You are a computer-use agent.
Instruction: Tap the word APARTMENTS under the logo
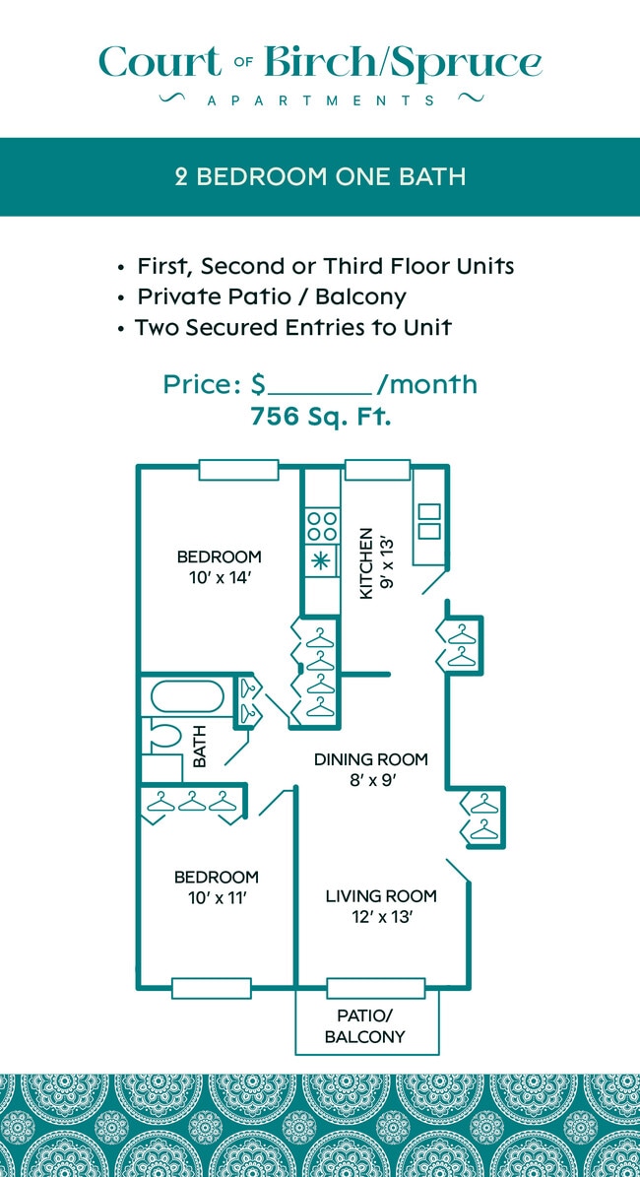pyautogui.click(x=320, y=100)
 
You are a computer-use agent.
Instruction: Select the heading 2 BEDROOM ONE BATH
pyautogui.click(x=320, y=177)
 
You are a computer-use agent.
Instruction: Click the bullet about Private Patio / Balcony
pyautogui.click(x=271, y=296)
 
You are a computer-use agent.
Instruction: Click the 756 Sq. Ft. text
pyautogui.click(x=320, y=416)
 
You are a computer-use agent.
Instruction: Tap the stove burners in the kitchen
pyautogui.click(x=321, y=523)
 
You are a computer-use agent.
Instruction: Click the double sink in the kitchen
pyautogui.click(x=429, y=521)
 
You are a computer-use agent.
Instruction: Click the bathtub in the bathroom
pyautogui.click(x=188, y=697)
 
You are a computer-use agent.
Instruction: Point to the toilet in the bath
pyautogui.click(x=163, y=736)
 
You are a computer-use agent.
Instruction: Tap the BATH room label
pyautogui.click(x=200, y=746)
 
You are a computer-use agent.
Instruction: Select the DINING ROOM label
pyautogui.click(x=371, y=759)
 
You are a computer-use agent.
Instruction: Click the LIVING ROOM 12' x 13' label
pyautogui.click(x=381, y=906)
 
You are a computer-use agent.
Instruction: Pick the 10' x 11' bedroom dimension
pyautogui.click(x=217, y=897)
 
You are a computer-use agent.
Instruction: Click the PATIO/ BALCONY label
pyautogui.click(x=365, y=1026)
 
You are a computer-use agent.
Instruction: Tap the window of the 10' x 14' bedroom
pyautogui.click(x=238, y=470)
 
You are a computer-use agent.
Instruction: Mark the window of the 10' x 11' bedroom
pyautogui.click(x=211, y=987)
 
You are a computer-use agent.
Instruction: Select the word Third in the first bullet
pyautogui.click(x=367, y=266)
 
